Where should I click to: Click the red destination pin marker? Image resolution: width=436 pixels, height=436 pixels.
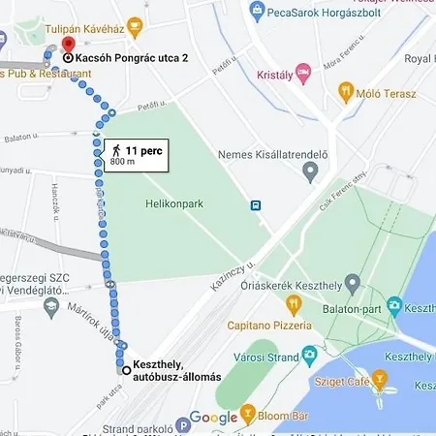tap(67, 46)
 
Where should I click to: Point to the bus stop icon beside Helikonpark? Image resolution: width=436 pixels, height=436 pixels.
tap(255, 204)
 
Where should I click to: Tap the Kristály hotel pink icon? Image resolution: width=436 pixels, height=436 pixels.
tap(303, 74)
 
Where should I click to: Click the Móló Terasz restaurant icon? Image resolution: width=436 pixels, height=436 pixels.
tap(346, 93)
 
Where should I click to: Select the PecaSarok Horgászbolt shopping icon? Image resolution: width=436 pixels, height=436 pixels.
tap(257, 12)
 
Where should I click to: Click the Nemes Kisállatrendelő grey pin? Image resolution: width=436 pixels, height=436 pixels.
tap(310, 172)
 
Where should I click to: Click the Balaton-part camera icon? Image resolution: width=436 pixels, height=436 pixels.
tap(395, 306)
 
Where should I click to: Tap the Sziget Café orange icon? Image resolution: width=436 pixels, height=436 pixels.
tap(379, 378)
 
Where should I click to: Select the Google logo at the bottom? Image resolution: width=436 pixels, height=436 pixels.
tap(212, 418)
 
